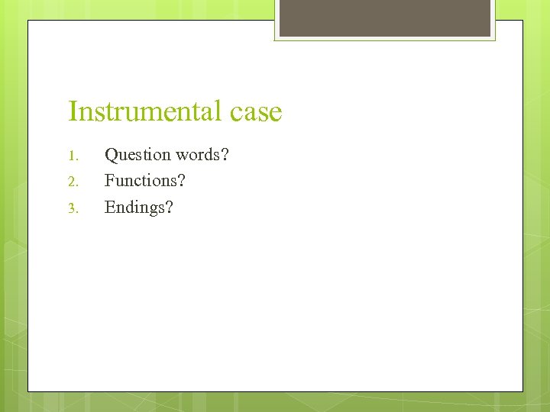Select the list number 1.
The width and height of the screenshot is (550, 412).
[x=73, y=156]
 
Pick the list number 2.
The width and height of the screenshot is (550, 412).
[x=73, y=182]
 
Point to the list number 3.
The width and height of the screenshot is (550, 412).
[x=73, y=208]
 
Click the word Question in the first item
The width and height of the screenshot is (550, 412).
[x=137, y=155]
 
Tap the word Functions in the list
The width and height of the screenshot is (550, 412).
[x=141, y=181]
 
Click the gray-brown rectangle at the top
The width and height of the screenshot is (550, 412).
[x=384, y=18]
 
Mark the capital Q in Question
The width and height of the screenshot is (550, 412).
[x=111, y=155]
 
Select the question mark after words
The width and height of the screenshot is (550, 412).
[x=225, y=155]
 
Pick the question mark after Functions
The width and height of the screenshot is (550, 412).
[x=182, y=181]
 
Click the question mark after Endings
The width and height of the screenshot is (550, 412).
[x=170, y=207]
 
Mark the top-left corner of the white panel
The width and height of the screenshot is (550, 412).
[x=29, y=21]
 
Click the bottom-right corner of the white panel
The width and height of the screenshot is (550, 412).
[x=522, y=391]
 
